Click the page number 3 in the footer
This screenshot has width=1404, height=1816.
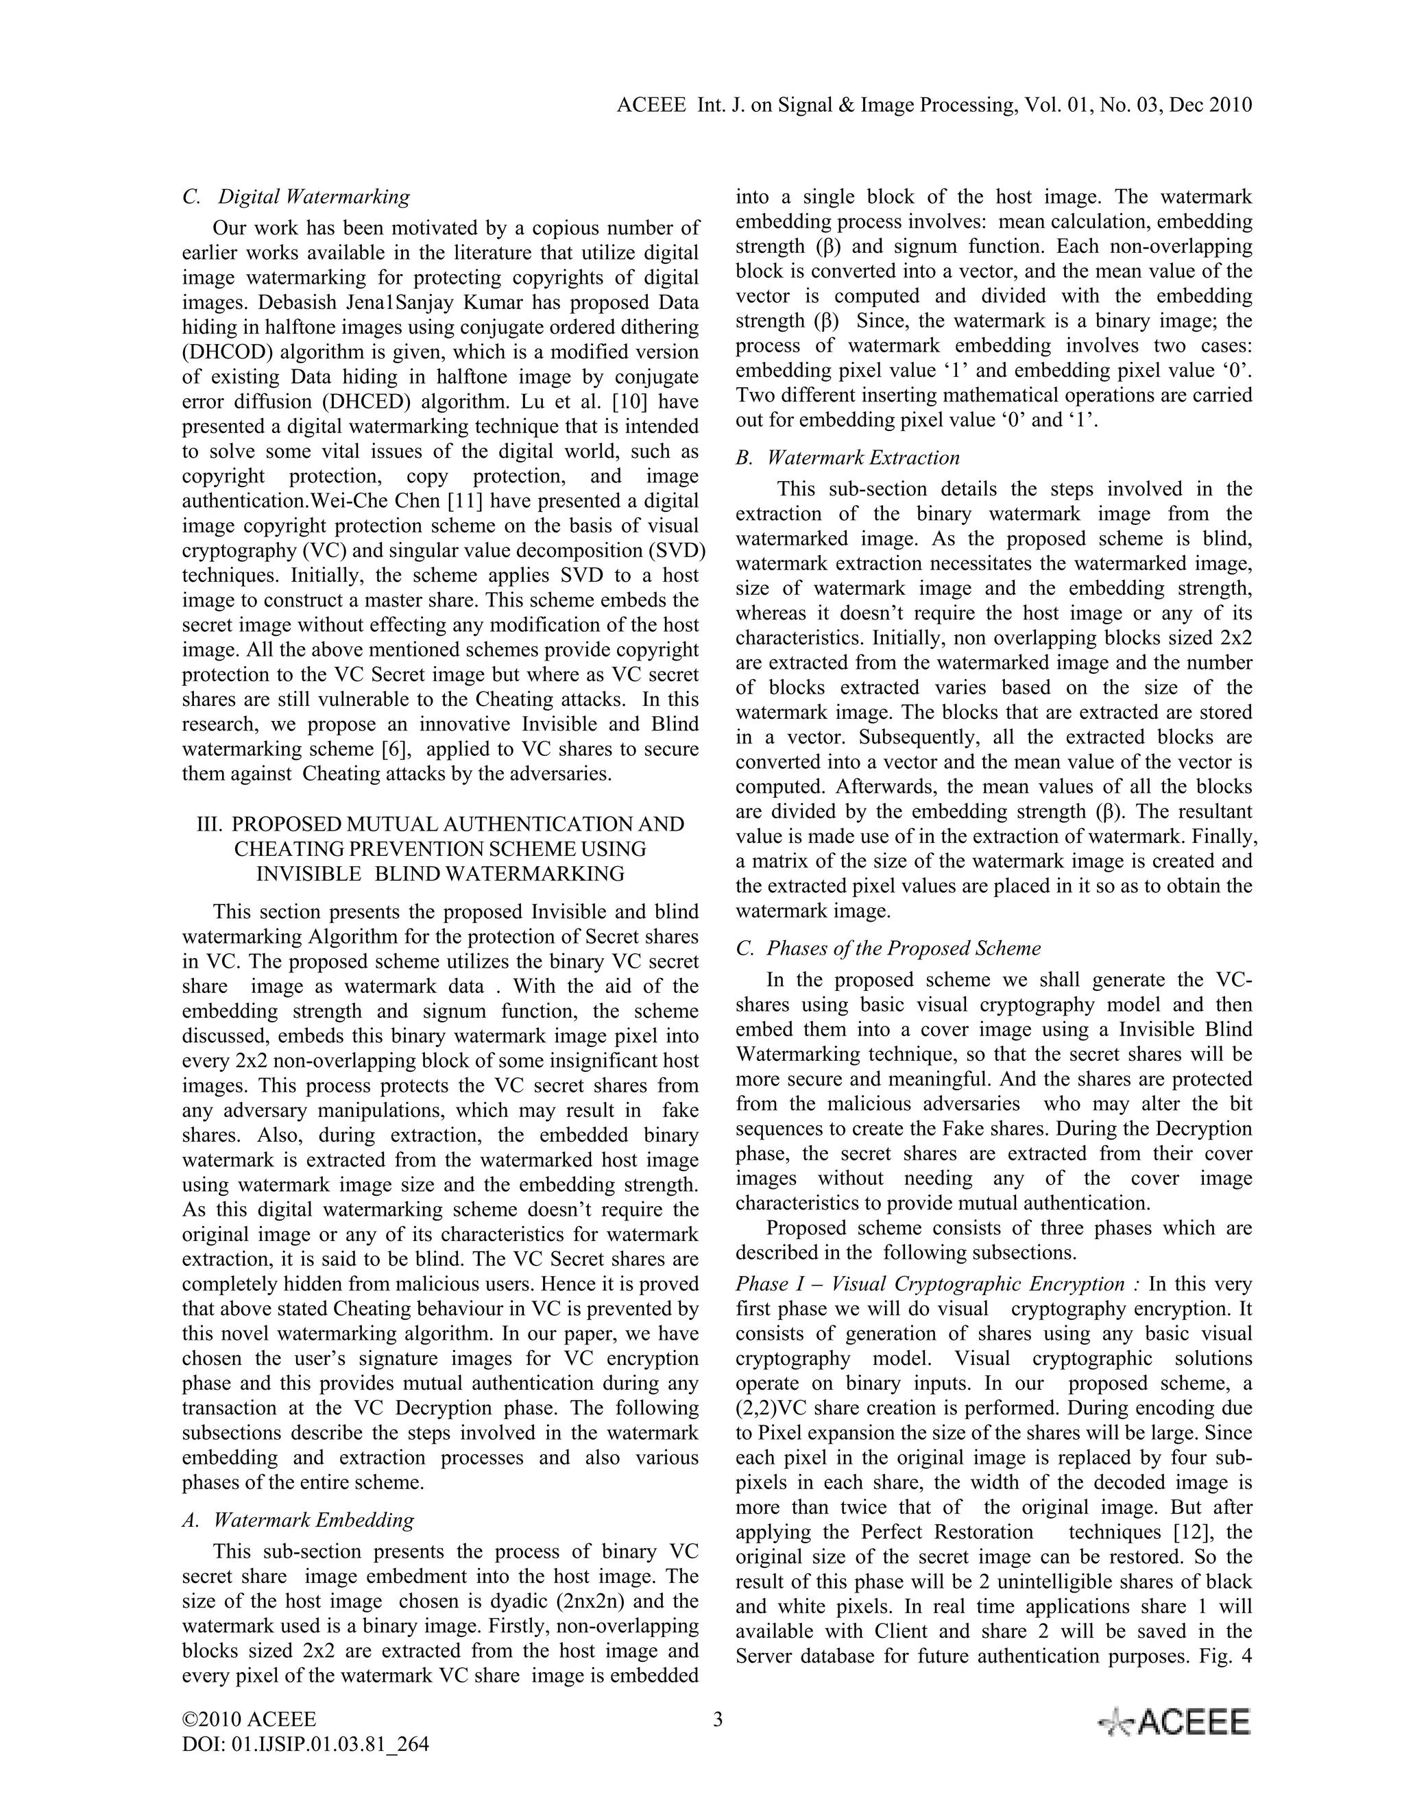click(x=718, y=1719)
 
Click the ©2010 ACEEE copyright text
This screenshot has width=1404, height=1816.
click(x=249, y=1719)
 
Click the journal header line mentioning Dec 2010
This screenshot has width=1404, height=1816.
click(x=935, y=105)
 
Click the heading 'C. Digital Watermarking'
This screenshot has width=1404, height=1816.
click(x=296, y=197)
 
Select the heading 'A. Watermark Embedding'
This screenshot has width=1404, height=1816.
click(x=298, y=1520)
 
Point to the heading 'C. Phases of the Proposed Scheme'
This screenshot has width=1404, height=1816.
click(x=888, y=948)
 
